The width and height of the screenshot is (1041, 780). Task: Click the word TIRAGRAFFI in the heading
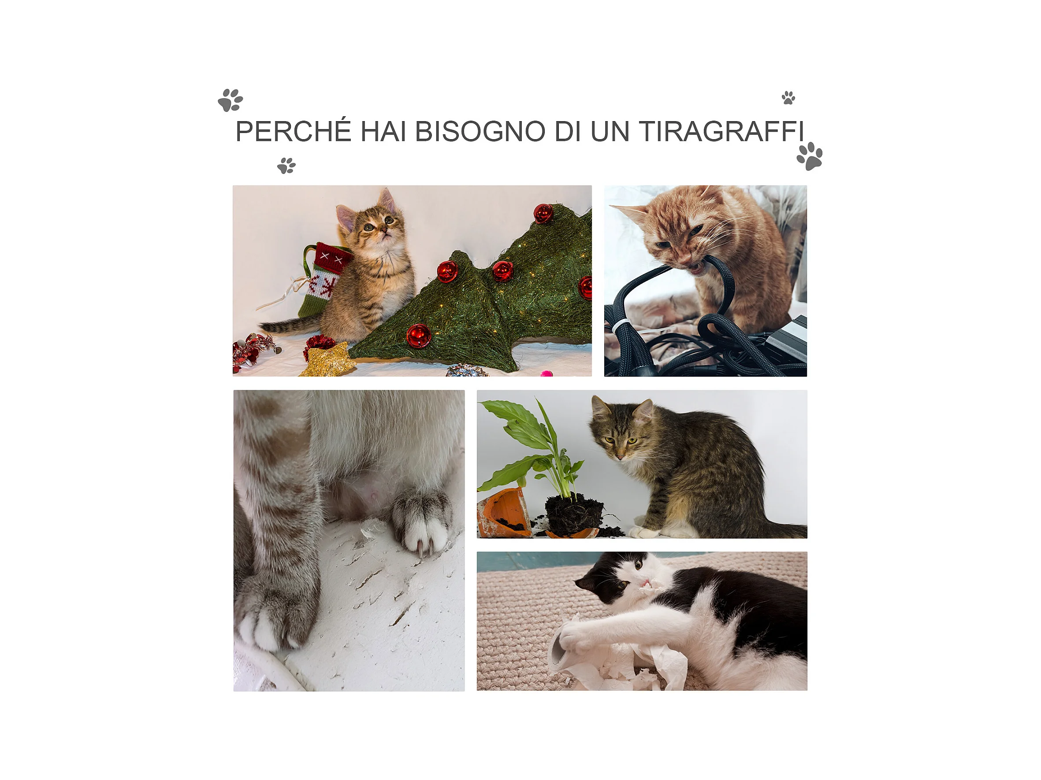[721, 131]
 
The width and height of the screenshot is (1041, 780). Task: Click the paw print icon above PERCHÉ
[230, 100]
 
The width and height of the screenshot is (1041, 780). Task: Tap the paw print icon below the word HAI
[286, 166]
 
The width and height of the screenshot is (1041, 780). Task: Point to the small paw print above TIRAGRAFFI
[788, 98]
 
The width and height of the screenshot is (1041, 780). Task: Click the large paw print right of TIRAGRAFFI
[810, 156]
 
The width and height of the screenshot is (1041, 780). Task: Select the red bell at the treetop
[543, 214]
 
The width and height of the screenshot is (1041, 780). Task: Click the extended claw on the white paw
[420, 549]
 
